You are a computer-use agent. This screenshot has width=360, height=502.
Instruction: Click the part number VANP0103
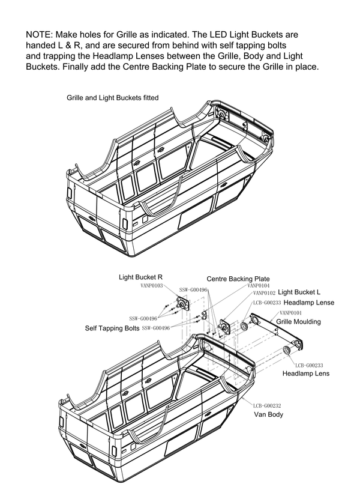click(152, 286)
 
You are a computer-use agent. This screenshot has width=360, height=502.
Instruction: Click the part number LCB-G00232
click(267, 405)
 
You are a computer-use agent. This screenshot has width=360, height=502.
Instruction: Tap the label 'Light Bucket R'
click(141, 277)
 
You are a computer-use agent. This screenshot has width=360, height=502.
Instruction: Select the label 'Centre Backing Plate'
click(238, 279)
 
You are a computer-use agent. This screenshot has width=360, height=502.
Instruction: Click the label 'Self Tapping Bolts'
click(112, 328)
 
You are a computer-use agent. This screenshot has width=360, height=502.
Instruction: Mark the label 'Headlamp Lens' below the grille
click(306, 373)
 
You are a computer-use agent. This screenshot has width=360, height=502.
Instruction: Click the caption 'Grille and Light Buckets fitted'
click(112, 97)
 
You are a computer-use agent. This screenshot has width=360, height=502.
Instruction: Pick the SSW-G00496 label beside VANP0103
click(193, 290)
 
